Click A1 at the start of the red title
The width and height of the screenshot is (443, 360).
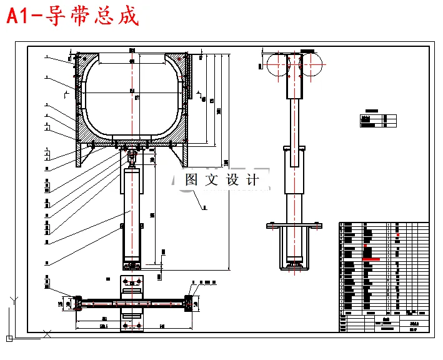point(19,16)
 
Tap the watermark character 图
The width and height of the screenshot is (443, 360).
point(192,180)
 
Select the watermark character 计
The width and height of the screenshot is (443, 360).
point(252,180)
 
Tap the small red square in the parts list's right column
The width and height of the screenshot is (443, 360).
point(398,234)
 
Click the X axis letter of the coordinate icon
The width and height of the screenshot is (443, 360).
point(44,332)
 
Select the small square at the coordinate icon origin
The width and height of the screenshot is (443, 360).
point(10,337)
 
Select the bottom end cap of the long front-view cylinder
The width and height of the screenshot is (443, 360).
point(132,259)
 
